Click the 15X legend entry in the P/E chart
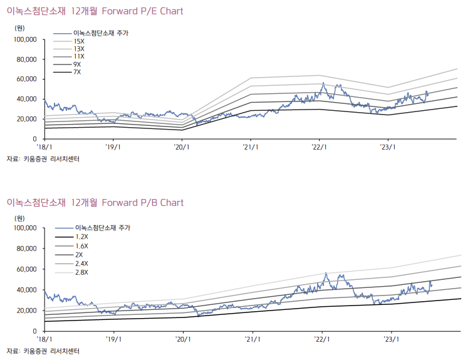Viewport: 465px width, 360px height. pos(78,41)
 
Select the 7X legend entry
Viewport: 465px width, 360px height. pos(77,73)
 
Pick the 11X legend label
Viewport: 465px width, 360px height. pos(78,56)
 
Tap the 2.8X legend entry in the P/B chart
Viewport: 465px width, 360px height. pos(81,272)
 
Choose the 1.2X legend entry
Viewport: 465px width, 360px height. pos(81,237)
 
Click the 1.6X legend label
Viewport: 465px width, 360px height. pos(81,246)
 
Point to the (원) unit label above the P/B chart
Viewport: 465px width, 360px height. pos(20,219)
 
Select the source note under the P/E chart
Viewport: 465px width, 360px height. pos(43,159)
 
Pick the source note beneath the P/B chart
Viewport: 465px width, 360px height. pos(43,351)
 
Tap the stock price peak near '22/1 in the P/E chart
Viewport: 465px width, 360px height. pos(323,83)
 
